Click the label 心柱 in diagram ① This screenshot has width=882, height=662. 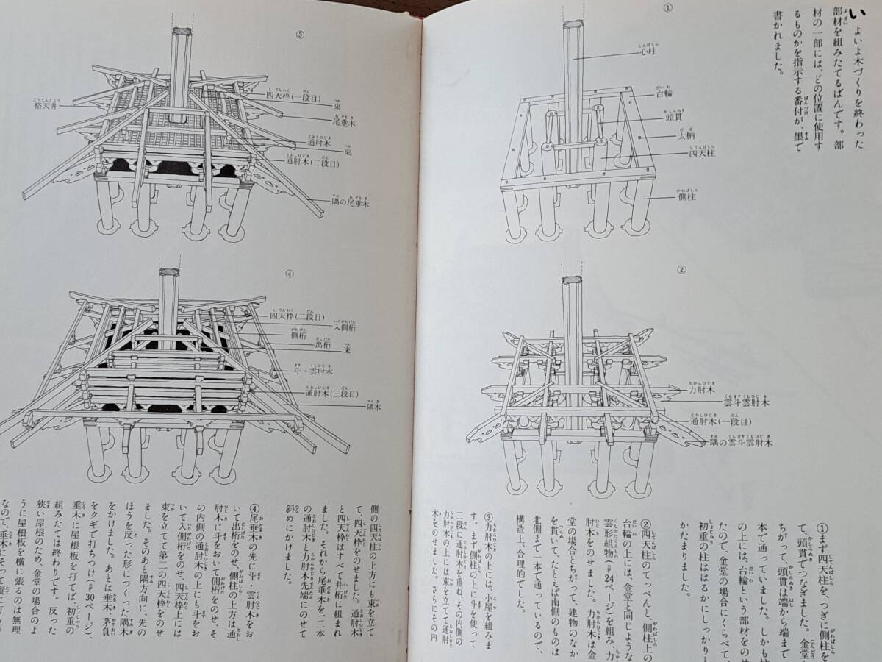[648, 53]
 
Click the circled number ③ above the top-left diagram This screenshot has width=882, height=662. [299, 34]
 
